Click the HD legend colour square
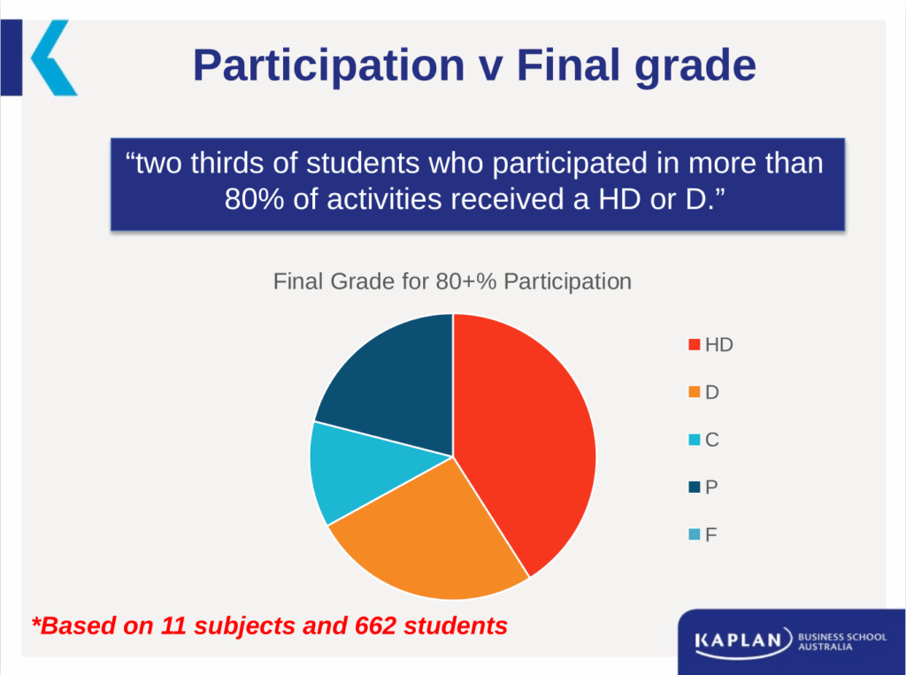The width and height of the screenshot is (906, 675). [x=695, y=344]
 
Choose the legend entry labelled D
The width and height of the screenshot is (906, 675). [x=703, y=393]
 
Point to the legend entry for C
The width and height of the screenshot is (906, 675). [x=703, y=440]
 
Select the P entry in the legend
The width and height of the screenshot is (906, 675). [x=703, y=487]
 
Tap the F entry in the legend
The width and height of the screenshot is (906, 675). [x=703, y=534]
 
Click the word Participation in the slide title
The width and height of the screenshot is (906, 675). [x=329, y=65]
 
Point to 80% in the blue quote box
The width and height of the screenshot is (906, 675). [x=254, y=199]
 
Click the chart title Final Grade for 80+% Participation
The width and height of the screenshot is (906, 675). [x=452, y=281]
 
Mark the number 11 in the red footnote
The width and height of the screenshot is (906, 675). [x=173, y=625]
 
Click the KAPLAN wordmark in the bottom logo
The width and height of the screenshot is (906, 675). [x=739, y=640]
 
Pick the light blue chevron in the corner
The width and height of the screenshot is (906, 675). [x=53, y=58]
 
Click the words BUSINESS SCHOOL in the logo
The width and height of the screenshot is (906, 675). [x=842, y=637]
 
